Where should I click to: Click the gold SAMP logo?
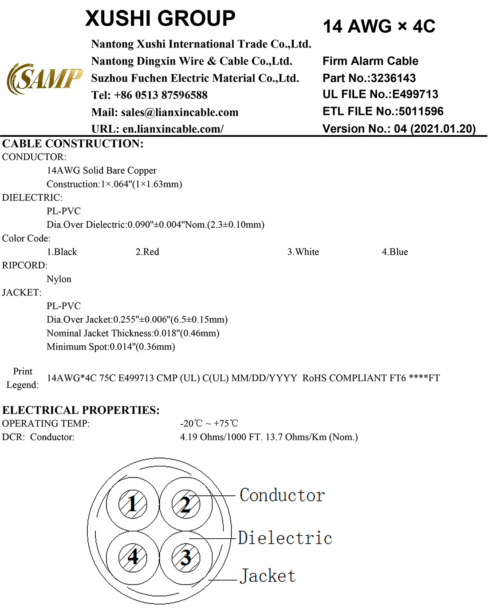pyautogui.click(x=45, y=79)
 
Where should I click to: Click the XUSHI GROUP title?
pyautogui.click(x=161, y=19)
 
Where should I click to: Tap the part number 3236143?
pyautogui.click(x=394, y=78)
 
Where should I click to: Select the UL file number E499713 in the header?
pyautogui.click(x=415, y=94)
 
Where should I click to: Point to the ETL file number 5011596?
pyautogui.click(x=421, y=111)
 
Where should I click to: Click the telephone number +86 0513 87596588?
pyautogui.click(x=161, y=95)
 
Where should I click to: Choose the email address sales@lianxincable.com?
pyautogui.click(x=180, y=112)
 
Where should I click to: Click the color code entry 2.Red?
pyautogui.click(x=147, y=252)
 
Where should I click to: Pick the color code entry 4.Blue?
pyautogui.click(x=395, y=252)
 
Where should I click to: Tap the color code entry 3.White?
pyautogui.click(x=303, y=252)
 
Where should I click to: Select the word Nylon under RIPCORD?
pyautogui.click(x=59, y=279)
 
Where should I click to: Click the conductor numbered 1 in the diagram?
pyautogui.click(x=133, y=504)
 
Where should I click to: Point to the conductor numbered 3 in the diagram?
pyautogui.click(x=186, y=557)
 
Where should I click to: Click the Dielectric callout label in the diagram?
pyautogui.click(x=285, y=538)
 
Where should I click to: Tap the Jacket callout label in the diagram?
pyautogui.click(x=268, y=576)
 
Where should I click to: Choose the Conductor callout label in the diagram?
pyautogui.click(x=282, y=495)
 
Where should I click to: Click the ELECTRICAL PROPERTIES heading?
pyautogui.click(x=81, y=410)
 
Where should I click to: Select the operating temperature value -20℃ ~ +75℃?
pyautogui.click(x=209, y=423)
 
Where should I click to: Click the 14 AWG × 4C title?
pyautogui.click(x=379, y=26)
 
